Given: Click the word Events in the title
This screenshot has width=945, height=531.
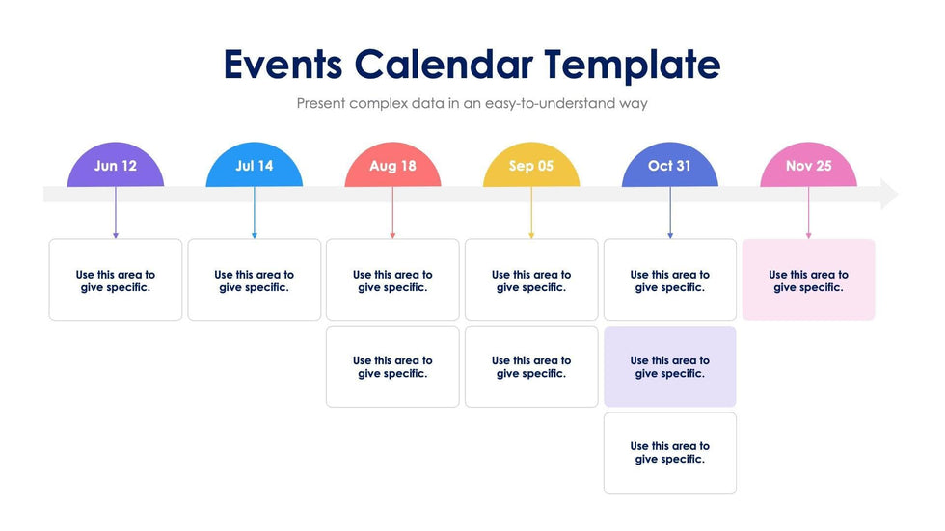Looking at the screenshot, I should click(x=283, y=65).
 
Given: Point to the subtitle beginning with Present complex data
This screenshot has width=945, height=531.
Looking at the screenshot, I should click(x=472, y=103).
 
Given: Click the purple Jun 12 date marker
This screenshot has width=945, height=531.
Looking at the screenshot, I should click(x=116, y=166).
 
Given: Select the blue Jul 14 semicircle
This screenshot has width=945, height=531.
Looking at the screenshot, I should click(x=255, y=166).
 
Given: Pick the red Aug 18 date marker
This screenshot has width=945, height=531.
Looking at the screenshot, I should click(x=392, y=166).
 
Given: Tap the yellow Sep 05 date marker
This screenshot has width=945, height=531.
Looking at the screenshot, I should click(x=531, y=166).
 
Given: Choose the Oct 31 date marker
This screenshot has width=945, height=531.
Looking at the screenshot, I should click(x=669, y=166).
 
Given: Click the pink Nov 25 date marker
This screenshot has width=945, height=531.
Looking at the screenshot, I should click(x=808, y=166).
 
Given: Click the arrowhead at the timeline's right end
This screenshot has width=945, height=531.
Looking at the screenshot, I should click(x=888, y=195).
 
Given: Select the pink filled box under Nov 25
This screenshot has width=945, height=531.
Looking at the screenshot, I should click(x=808, y=279).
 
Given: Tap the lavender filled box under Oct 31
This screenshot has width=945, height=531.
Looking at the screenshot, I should click(x=669, y=366).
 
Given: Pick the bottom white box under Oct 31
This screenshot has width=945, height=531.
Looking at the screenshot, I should click(x=669, y=452).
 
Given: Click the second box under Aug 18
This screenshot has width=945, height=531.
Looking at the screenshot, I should click(x=392, y=366).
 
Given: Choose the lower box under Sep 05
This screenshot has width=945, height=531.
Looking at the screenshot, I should click(x=531, y=366).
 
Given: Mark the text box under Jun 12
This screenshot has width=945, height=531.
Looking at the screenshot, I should click(x=116, y=279).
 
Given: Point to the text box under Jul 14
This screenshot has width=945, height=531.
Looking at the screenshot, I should click(x=255, y=279).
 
